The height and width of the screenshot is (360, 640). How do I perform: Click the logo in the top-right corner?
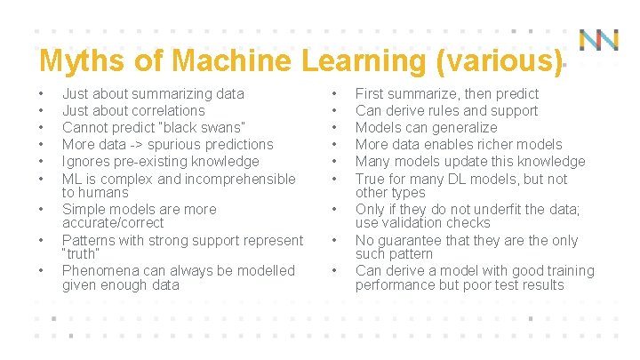599,40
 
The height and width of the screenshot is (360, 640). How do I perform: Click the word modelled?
267,270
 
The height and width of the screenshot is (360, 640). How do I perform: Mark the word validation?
415,223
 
